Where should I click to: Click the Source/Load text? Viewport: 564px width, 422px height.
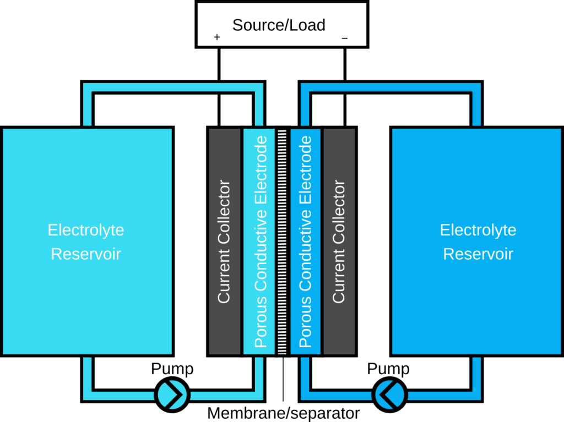tap(279, 25)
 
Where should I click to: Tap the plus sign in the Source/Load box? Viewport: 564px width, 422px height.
tap(217, 37)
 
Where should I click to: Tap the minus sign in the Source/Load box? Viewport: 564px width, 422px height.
tap(345, 38)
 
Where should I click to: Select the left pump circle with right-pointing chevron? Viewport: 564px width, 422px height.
tap(172, 394)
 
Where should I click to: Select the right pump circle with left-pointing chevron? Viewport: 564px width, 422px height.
tap(390, 394)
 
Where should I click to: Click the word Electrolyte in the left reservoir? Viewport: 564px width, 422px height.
tap(86, 229)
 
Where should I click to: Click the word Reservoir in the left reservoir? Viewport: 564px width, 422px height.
tap(86, 254)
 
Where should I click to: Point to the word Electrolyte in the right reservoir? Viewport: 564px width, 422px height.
tap(478, 229)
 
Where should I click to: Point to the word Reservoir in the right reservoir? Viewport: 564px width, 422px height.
tap(478, 254)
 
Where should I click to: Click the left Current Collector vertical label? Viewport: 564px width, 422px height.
tap(224, 242)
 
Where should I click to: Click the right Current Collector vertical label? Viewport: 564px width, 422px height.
tap(339, 242)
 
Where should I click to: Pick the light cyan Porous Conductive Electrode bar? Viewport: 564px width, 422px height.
tap(259, 242)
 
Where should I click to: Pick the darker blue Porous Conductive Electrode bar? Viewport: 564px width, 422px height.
tap(305, 242)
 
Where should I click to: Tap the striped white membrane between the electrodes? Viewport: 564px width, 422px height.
tap(282, 242)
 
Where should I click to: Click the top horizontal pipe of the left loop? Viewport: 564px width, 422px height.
tap(173, 87)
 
